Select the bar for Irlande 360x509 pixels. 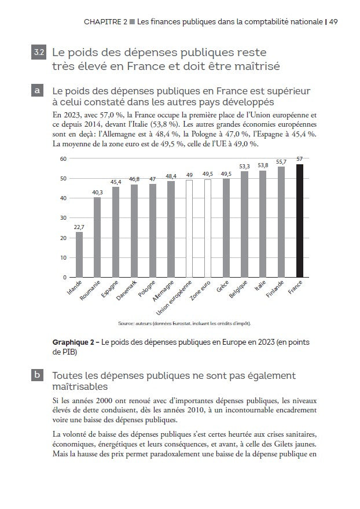point(79,254)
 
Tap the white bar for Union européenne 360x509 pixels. point(189,228)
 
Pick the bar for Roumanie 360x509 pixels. point(97,237)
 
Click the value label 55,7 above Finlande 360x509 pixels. point(281,161)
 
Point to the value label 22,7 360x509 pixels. point(79,227)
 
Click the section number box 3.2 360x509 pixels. point(38,53)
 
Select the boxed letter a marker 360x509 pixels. point(38,91)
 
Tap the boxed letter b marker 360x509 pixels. point(38,375)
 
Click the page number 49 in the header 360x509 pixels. point(334,22)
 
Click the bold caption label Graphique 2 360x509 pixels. point(74,342)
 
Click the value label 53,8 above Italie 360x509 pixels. point(263,165)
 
